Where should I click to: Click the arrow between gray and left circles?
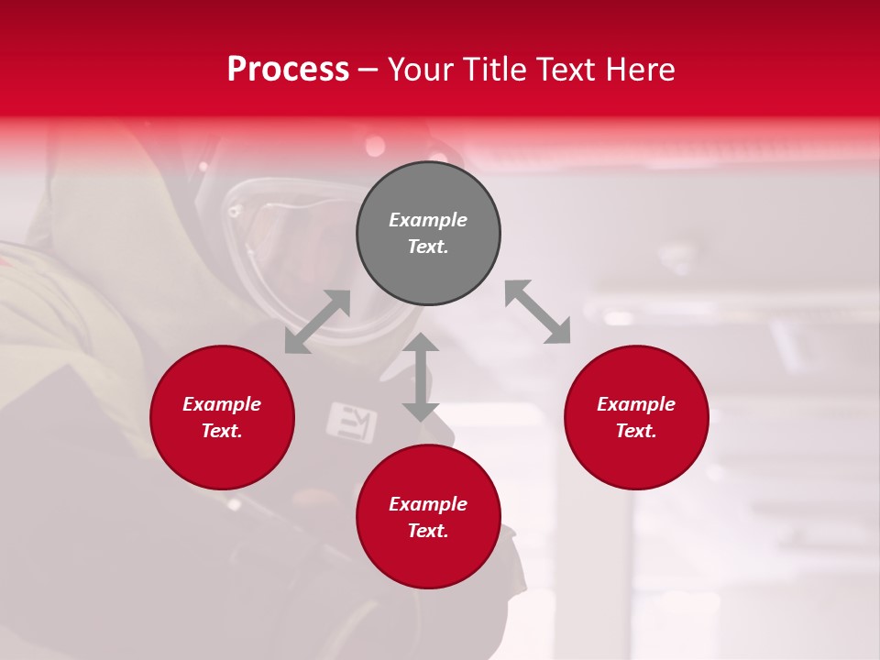pyautogui.click(x=317, y=322)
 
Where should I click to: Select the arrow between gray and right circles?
pyautogui.click(x=538, y=312)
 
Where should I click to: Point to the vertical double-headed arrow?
pyautogui.click(x=421, y=378)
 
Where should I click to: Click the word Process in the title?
pyautogui.click(x=288, y=69)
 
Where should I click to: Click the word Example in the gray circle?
pyautogui.click(x=428, y=220)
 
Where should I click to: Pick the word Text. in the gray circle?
pyautogui.click(x=428, y=247)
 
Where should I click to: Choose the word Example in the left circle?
pyautogui.click(x=222, y=404)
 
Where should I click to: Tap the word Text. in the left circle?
pyautogui.click(x=222, y=431)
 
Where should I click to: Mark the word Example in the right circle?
pyautogui.click(x=636, y=404)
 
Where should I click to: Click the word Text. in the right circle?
pyautogui.click(x=636, y=431)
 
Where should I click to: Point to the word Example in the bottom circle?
pyautogui.click(x=428, y=504)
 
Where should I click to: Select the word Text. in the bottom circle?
pyautogui.click(x=428, y=531)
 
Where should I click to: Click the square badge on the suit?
pyautogui.click(x=352, y=421)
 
